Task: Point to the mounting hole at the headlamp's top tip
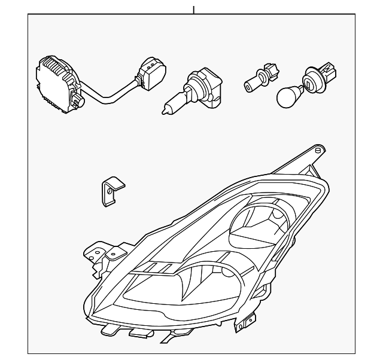(x=320, y=148)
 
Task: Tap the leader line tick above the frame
(x=193, y=10)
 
